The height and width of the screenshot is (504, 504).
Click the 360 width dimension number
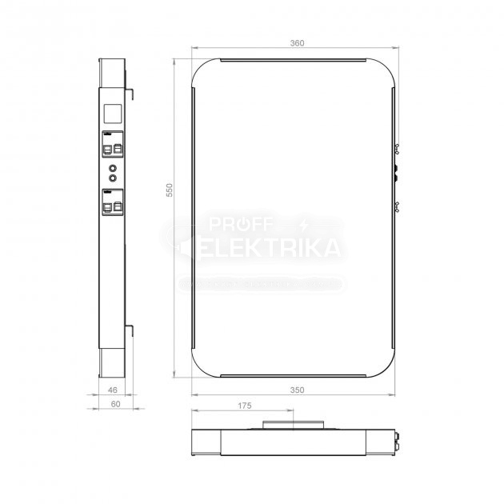(297, 42)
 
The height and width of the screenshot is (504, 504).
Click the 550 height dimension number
(170, 190)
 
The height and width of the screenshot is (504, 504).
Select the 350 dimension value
(297, 390)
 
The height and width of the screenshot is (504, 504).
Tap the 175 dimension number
(245, 406)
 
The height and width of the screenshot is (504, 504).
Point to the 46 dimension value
(112, 390)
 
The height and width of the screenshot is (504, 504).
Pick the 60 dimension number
(115, 406)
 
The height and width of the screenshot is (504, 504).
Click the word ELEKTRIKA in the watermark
(270, 249)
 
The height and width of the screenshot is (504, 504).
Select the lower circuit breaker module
(113, 202)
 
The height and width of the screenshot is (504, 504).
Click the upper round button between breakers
(114, 168)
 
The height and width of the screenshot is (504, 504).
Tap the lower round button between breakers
(114, 178)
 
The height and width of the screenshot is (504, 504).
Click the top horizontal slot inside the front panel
(294, 60)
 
